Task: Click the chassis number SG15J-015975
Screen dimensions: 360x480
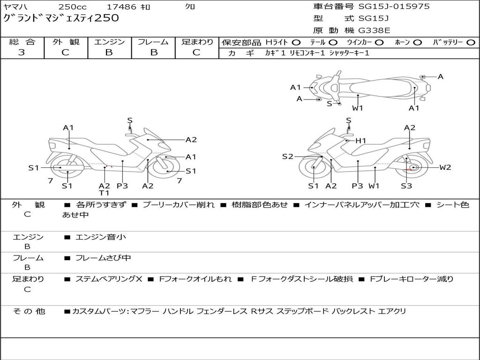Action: point(394,7)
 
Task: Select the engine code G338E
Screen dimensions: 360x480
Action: point(374,31)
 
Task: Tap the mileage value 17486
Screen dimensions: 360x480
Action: point(121,7)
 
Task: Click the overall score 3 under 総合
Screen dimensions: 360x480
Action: point(22,52)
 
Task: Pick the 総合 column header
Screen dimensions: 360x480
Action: point(22,42)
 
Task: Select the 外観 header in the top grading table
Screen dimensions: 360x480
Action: point(66,42)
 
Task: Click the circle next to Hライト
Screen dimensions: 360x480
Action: point(296,43)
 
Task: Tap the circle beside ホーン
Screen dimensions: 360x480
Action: point(418,43)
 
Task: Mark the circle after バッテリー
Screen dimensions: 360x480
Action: point(471,43)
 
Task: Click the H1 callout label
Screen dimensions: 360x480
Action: point(360,141)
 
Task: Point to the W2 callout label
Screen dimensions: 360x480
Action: point(445,167)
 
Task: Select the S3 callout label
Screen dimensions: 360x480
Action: point(406,186)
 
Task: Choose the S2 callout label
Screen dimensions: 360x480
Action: point(287,157)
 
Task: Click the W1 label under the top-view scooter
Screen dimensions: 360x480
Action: point(358,108)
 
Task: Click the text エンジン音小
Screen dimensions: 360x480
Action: point(100,238)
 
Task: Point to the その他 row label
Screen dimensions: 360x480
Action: point(29,311)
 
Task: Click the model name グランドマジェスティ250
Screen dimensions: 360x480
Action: point(61,18)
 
